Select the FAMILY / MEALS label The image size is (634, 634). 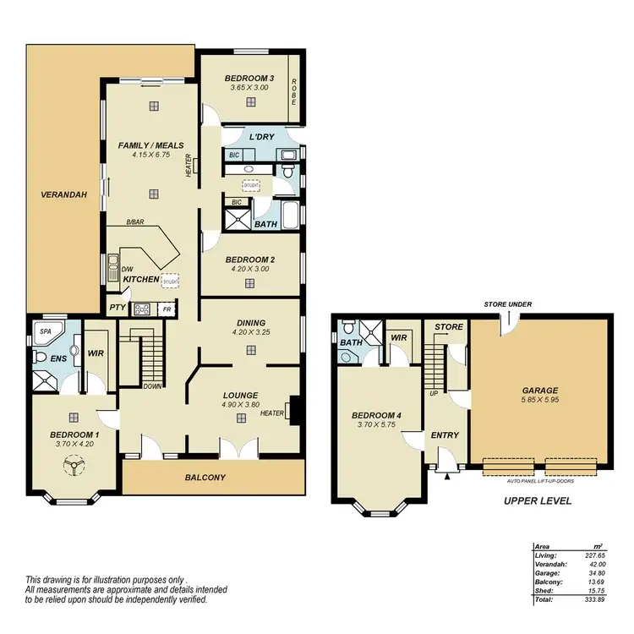pyautogui.click(x=151, y=145)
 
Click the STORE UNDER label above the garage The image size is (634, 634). pyautogui.click(x=507, y=303)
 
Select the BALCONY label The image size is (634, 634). pyautogui.click(x=206, y=478)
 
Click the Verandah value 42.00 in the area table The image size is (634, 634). pyautogui.click(x=597, y=565)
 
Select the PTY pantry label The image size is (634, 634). pyautogui.click(x=117, y=309)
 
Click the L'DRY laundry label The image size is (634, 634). pyautogui.click(x=260, y=137)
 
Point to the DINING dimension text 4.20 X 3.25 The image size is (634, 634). pyautogui.click(x=251, y=332)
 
